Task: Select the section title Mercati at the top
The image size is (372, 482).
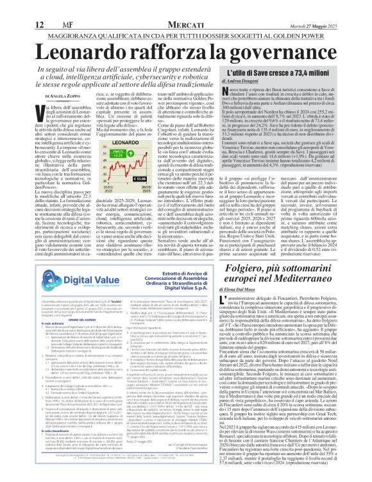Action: click(x=186, y=8)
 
